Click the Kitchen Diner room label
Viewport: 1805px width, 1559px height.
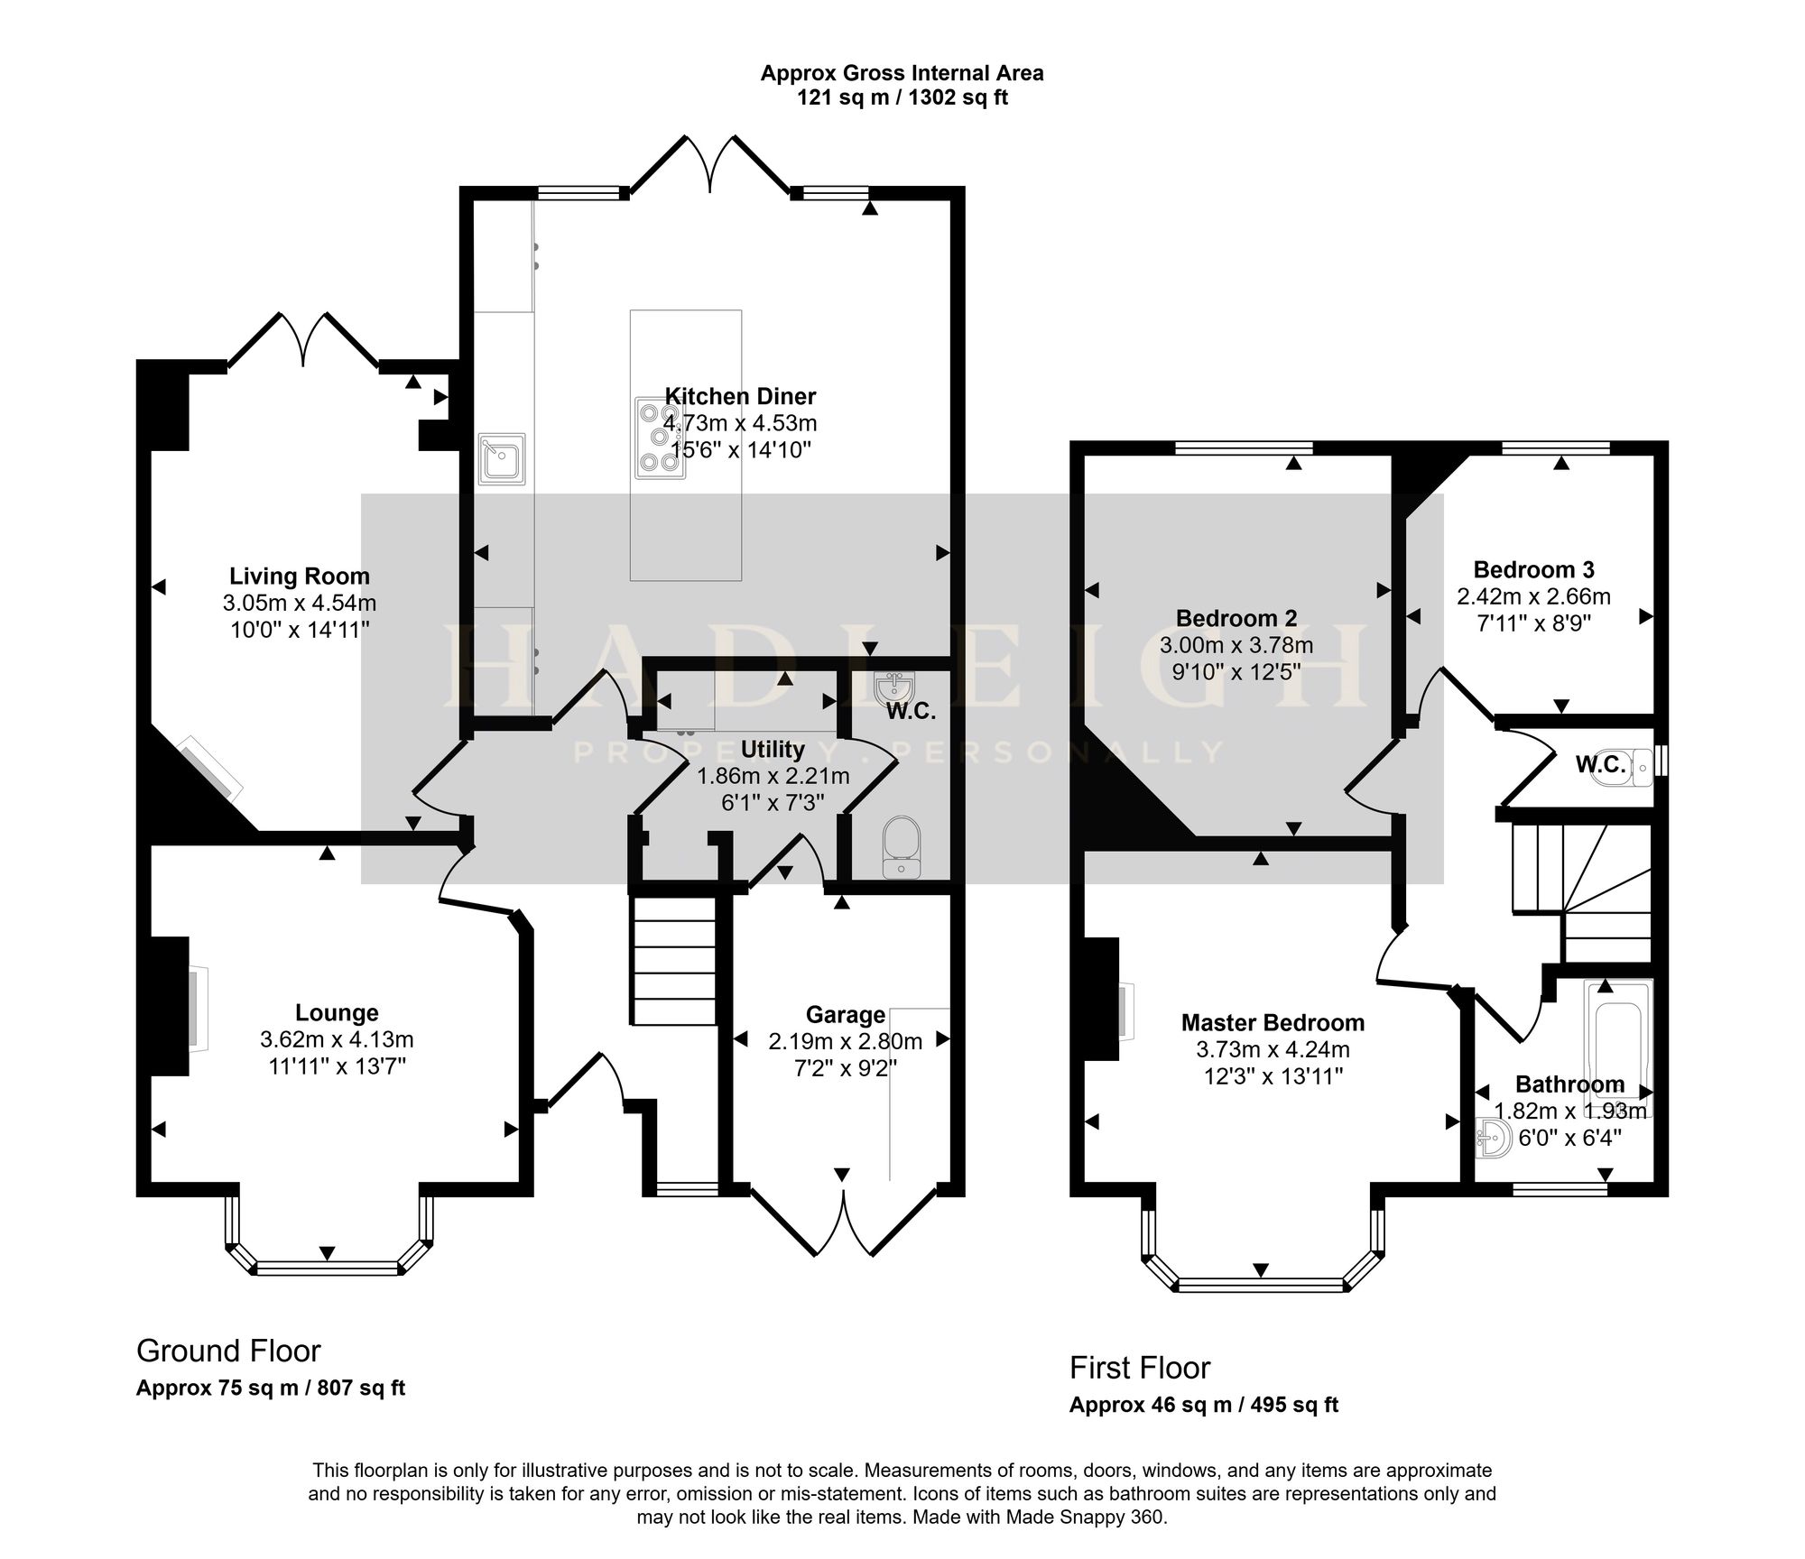pyautogui.click(x=740, y=396)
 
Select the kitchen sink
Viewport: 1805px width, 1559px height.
pyautogui.click(x=501, y=459)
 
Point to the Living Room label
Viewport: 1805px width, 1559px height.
pyautogui.click(x=300, y=576)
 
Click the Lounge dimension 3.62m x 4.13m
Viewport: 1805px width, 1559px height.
pyautogui.click(x=337, y=1039)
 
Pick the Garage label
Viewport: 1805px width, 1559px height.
pyautogui.click(x=845, y=1015)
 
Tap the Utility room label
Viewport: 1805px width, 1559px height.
pyautogui.click(x=773, y=749)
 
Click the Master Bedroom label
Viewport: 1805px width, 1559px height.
pyautogui.click(x=1273, y=1022)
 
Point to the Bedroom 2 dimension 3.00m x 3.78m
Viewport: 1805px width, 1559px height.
pyautogui.click(x=1236, y=645)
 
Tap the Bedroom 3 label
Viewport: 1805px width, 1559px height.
pyautogui.click(x=1533, y=569)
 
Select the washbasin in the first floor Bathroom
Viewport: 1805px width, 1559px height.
pyautogui.click(x=1494, y=1140)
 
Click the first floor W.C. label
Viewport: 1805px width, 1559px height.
pyautogui.click(x=1601, y=765)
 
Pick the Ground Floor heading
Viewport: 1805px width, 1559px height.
pyautogui.click(x=228, y=1351)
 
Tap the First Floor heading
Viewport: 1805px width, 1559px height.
pyautogui.click(x=1140, y=1368)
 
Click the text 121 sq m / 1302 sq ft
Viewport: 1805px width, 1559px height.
pyautogui.click(x=902, y=97)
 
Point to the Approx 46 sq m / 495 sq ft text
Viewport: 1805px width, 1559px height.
pyautogui.click(x=1204, y=1405)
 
